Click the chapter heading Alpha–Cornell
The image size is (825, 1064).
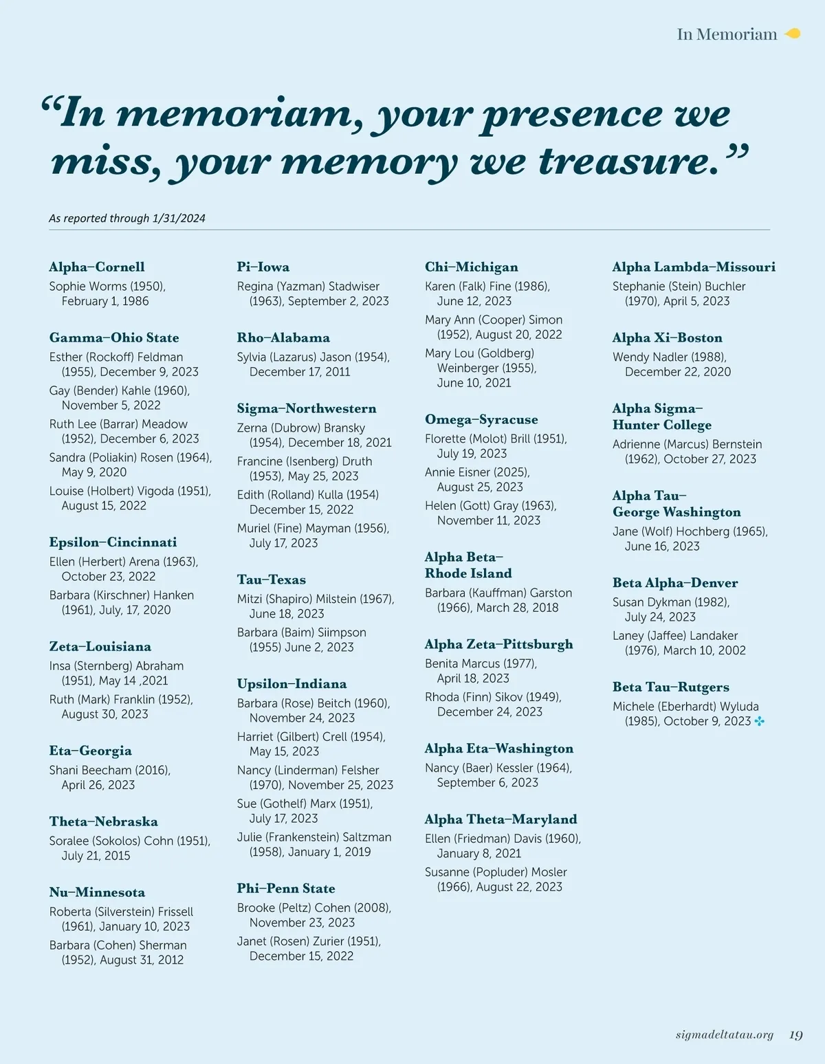pos(97,267)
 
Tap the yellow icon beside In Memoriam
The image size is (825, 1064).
pos(793,34)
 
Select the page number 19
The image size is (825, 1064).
pos(795,1034)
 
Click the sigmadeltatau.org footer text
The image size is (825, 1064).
pos(724,1034)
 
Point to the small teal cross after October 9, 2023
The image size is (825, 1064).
pos(759,721)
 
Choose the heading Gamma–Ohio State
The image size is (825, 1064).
pos(114,337)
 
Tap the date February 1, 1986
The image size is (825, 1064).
pos(105,301)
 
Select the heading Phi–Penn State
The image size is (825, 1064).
pos(286,888)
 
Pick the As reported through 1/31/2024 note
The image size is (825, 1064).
pos(127,218)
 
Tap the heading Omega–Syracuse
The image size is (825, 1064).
pos(481,419)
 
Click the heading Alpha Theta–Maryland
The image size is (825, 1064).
pos(500,819)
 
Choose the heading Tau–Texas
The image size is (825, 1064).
pos(272,579)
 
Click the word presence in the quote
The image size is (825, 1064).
pos(569,115)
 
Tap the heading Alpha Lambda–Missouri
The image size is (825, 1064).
pos(694,267)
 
